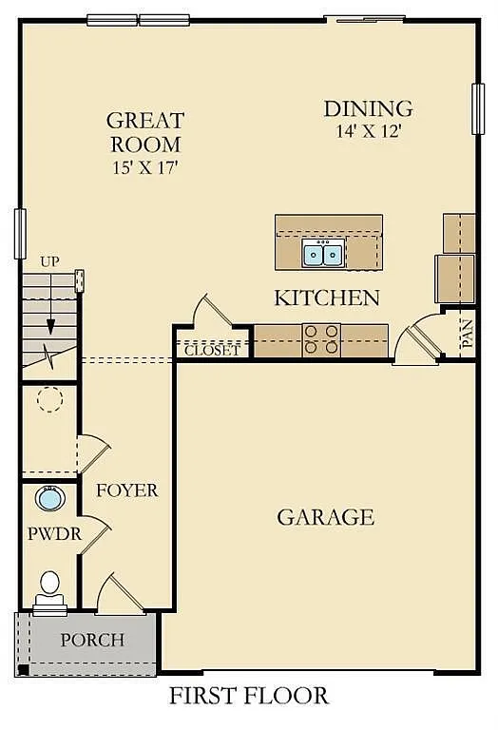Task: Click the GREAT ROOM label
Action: coord(144,132)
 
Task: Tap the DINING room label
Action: coord(368,108)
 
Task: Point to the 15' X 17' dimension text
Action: coord(144,167)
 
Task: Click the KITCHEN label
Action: coord(327,298)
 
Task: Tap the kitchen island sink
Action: coord(323,254)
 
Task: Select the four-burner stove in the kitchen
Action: coord(321,339)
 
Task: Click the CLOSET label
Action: coord(212,350)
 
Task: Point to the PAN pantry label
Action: coord(467,336)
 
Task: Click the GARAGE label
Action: coord(325,517)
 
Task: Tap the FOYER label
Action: coord(126,490)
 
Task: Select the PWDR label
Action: coord(54,534)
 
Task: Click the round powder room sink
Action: coord(48,497)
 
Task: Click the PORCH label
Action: coord(92,640)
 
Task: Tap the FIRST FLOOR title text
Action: coord(249,696)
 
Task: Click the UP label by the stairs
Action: coord(49,261)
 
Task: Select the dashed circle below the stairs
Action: coord(49,398)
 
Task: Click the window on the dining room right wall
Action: coord(478,108)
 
